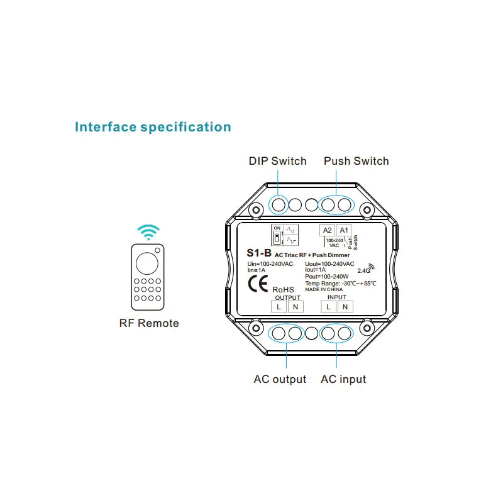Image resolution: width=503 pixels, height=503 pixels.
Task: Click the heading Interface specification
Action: (153, 127)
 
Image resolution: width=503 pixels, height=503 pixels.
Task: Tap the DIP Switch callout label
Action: (277, 161)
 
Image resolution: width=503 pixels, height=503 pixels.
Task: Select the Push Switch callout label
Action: (356, 161)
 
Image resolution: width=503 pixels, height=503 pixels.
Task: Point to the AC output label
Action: (280, 379)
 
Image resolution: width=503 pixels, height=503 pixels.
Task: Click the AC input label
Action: (343, 379)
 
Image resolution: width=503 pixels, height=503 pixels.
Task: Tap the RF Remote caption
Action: (149, 323)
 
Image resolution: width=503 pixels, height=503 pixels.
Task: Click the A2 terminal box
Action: (327, 230)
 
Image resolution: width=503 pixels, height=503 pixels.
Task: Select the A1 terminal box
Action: (344, 230)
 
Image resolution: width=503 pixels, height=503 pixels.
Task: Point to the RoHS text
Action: (283, 289)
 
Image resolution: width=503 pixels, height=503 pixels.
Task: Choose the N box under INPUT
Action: (345, 306)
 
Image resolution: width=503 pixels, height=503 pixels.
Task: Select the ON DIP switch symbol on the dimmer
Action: (277, 235)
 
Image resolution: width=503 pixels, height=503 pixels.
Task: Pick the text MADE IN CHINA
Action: (324, 289)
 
